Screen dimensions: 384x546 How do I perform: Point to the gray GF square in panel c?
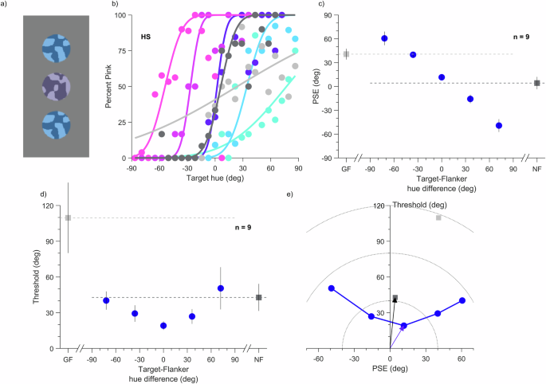(x=346, y=54)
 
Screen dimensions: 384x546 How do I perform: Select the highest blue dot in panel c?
(x=384, y=38)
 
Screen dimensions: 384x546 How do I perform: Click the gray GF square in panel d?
(x=68, y=217)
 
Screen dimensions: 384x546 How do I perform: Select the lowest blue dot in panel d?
(x=163, y=325)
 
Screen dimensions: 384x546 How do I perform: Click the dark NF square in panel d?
(x=258, y=297)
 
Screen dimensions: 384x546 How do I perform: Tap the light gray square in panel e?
(x=438, y=217)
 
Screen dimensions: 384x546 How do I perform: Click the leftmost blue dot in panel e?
(x=332, y=288)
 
